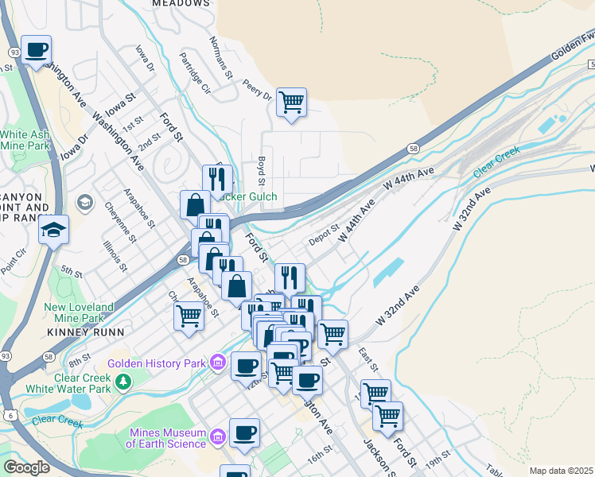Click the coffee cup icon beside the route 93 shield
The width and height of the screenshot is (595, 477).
pyautogui.click(x=36, y=50)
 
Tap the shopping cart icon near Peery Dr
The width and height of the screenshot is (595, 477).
pyautogui.click(x=291, y=102)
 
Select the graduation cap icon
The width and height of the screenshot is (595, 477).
pyautogui.click(x=54, y=231)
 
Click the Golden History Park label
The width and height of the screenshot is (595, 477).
pyautogui.click(x=157, y=363)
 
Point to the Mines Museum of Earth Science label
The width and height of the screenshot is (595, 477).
pyautogui.click(x=168, y=437)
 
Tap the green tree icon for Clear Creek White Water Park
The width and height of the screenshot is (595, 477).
pyautogui.click(x=122, y=383)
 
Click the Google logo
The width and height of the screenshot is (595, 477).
pyautogui.click(x=26, y=467)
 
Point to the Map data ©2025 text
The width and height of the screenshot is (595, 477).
pyautogui.click(x=560, y=471)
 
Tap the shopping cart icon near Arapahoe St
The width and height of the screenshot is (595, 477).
pyautogui.click(x=189, y=316)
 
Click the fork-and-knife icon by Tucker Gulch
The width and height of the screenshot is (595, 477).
pyautogui.click(x=217, y=178)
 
